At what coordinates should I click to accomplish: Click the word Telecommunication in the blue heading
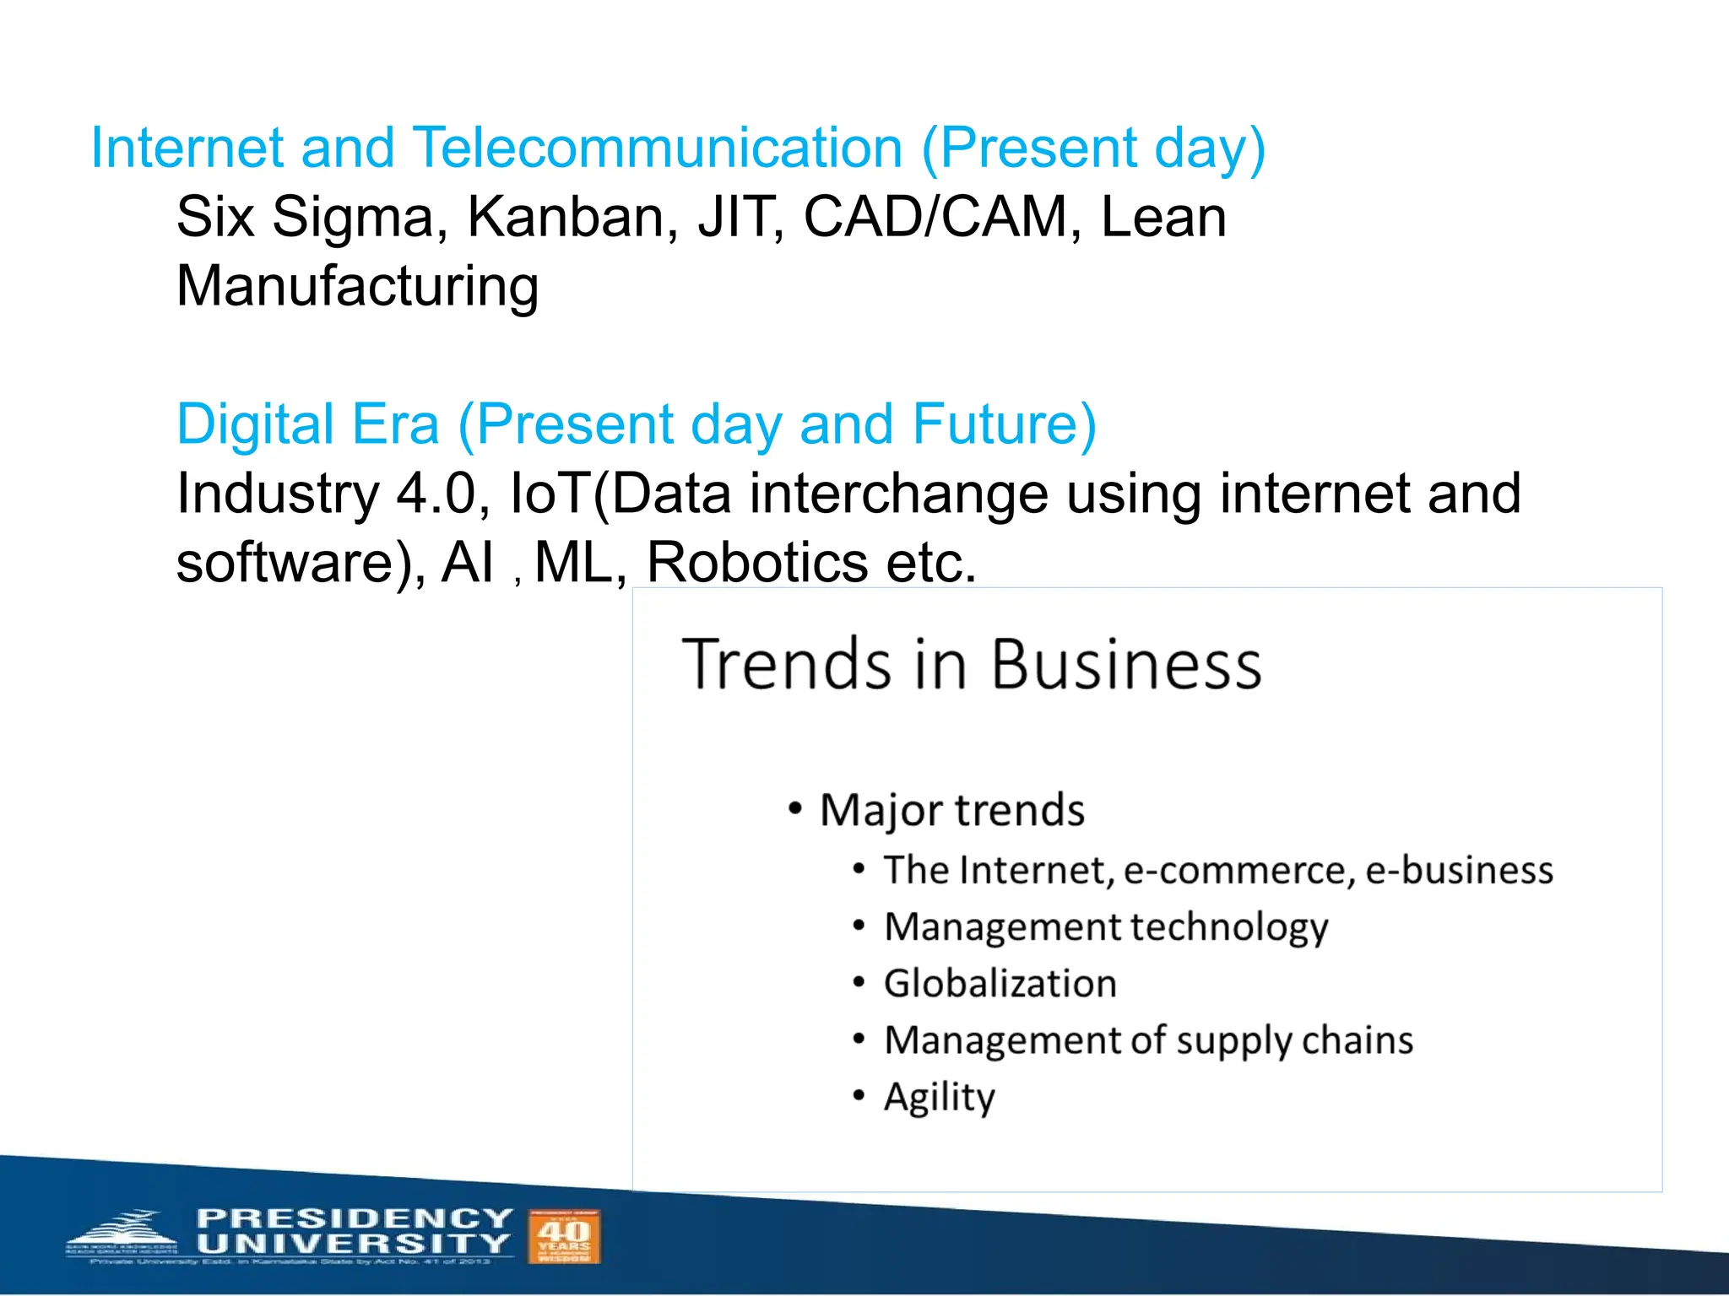tap(658, 148)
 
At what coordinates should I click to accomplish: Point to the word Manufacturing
tap(357, 287)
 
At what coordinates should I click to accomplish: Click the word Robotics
tap(756, 563)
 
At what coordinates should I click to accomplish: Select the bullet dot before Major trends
tap(794, 808)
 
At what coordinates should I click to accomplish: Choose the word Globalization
tap(1000, 984)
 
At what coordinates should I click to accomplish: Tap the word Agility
tap(939, 1097)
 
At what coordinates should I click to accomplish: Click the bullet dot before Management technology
tap(859, 926)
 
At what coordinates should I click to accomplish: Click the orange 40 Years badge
tap(564, 1236)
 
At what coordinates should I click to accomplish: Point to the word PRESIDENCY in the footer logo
tap(354, 1218)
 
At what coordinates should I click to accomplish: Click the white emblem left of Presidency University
tap(122, 1236)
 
